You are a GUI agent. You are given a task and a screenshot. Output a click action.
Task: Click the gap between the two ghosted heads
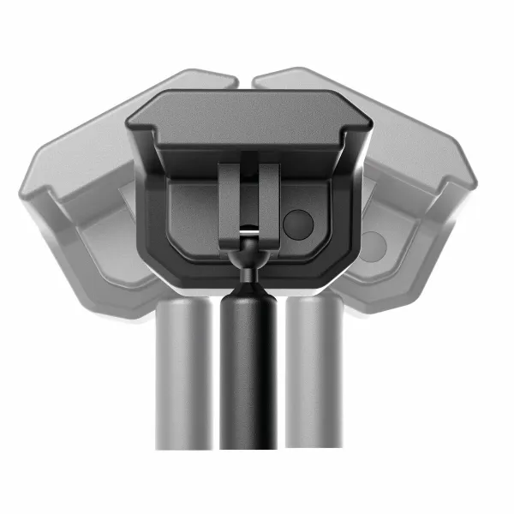[246, 81]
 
